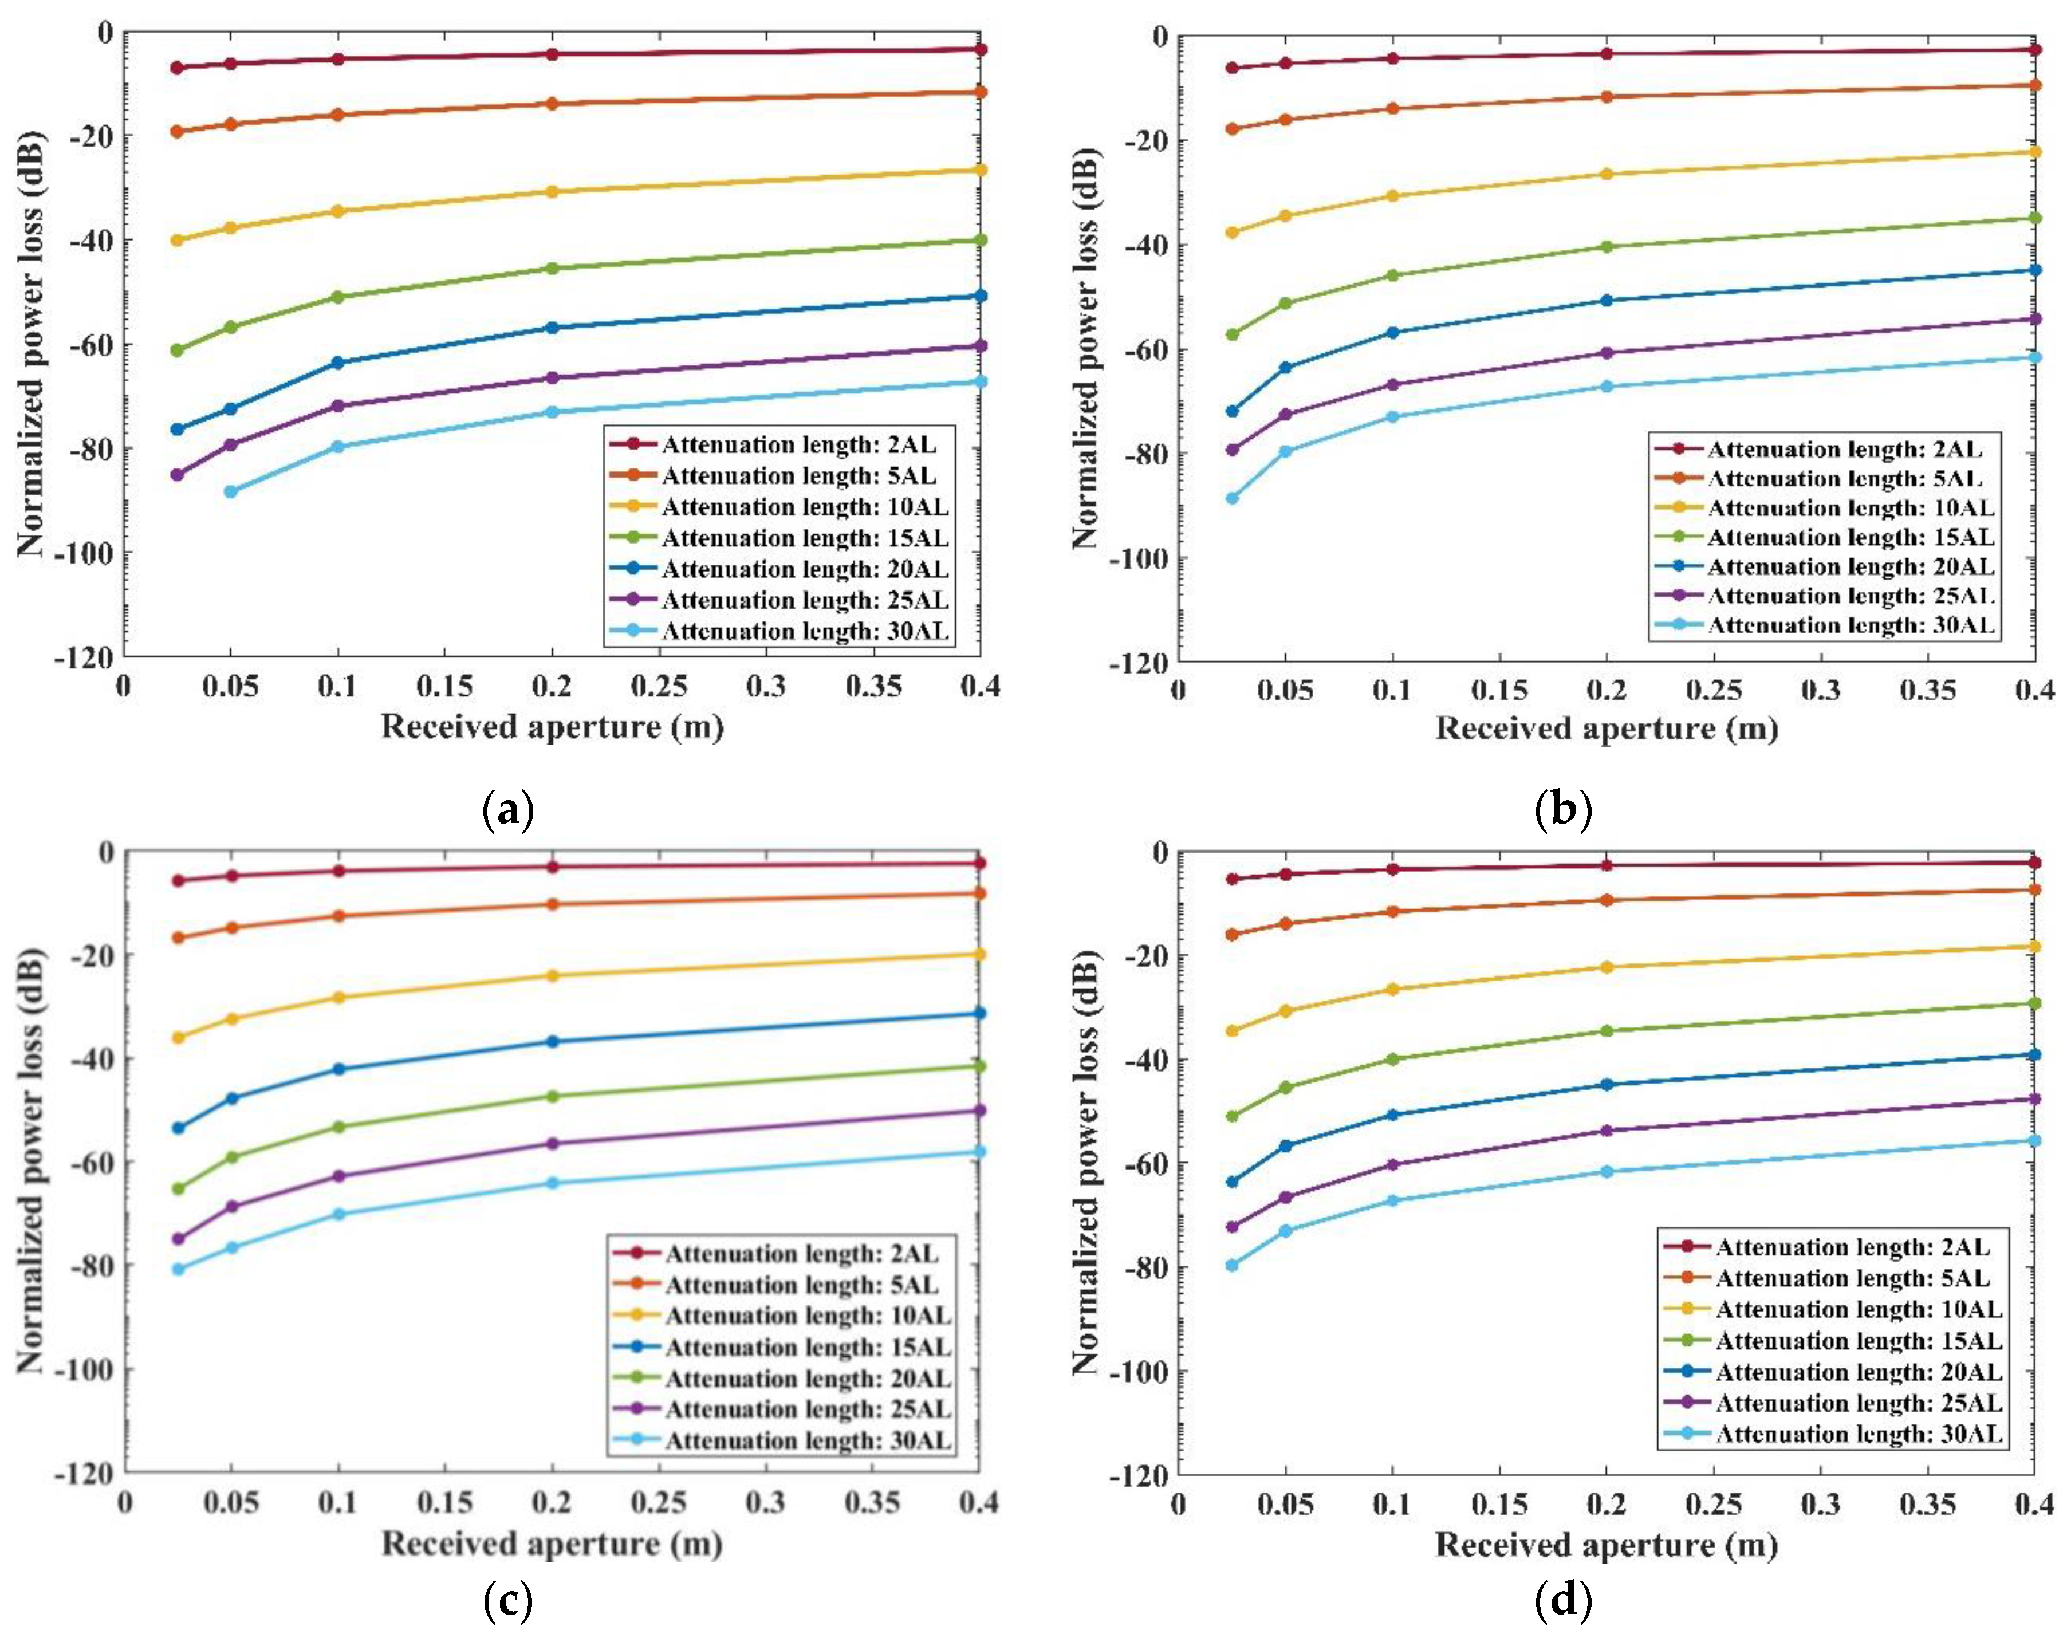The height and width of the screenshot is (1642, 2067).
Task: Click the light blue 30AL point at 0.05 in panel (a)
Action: (230, 492)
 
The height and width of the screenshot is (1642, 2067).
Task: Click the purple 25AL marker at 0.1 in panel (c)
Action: (337, 1176)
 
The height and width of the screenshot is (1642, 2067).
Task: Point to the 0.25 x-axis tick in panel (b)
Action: (1713, 690)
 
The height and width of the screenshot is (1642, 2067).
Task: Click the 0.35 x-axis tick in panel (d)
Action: (1927, 1505)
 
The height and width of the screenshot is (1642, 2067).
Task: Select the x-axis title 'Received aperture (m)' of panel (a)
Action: (552, 727)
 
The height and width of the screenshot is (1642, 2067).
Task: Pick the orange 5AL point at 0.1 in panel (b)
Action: (1393, 108)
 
